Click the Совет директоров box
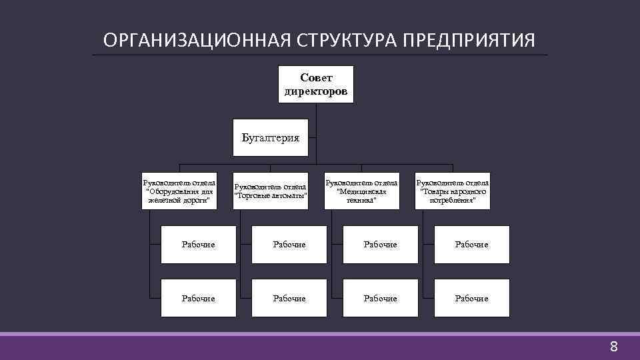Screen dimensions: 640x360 pos(315,84)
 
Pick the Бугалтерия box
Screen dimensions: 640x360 pos(270,138)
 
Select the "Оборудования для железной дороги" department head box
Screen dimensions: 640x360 pos(179,191)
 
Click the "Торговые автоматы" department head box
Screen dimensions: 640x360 pos(271,191)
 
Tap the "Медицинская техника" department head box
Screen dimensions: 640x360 pos(361,191)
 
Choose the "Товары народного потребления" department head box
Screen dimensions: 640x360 pos(453,191)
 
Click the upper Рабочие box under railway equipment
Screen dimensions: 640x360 pos(198,245)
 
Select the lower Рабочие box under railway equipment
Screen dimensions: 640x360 pos(198,298)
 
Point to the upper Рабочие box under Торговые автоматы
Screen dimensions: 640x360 pos(289,245)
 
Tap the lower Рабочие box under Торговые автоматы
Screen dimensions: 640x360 pos(289,298)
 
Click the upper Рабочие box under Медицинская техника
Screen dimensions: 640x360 pos(380,245)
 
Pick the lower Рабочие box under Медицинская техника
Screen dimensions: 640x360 pos(380,298)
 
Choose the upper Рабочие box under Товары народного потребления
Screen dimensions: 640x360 pos(471,245)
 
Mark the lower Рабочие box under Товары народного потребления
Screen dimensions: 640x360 pos(471,298)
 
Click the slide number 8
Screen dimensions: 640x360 pos(614,347)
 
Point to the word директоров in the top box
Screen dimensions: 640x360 pos(315,91)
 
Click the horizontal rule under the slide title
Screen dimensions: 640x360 pos(320,55)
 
